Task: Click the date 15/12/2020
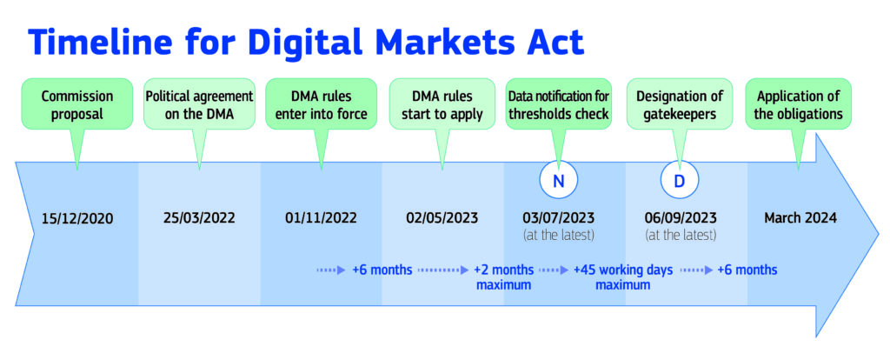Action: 77,218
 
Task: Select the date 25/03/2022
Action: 199,218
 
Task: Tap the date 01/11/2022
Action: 322,218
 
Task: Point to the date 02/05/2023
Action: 442,218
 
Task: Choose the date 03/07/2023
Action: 559,218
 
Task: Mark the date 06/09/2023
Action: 681,218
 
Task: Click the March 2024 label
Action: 800,218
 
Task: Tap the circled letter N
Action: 559,180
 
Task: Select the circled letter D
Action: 680,180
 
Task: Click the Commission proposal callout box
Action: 77,103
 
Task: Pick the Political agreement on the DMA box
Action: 199,103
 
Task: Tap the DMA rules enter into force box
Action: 322,103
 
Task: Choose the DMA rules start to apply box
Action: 442,103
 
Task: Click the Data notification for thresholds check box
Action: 559,103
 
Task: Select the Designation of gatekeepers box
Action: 680,103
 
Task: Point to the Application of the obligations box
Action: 799,103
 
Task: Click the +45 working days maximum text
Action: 622,277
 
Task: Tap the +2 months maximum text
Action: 503,277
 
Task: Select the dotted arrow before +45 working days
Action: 554,270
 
